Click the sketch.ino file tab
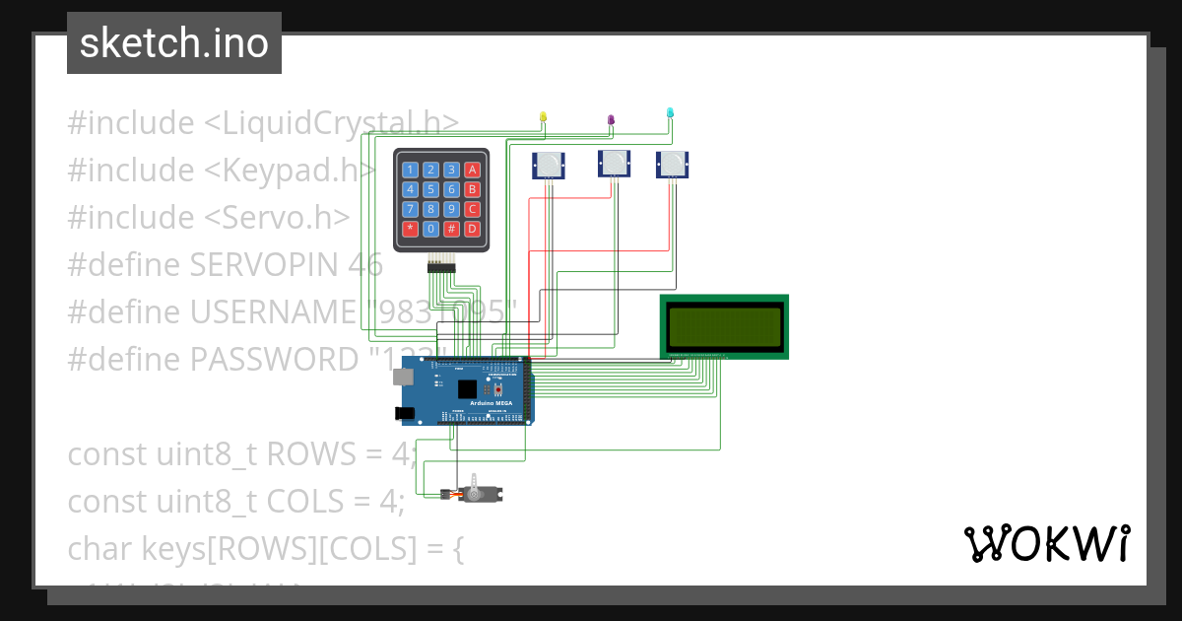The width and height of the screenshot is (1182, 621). click(x=174, y=43)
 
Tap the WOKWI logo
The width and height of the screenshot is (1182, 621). click(x=1046, y=543)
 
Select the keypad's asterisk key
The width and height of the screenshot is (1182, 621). click(x=411, y=229)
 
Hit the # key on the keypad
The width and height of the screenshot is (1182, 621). click(x=451, y=229)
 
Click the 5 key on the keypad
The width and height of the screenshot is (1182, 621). click(x=431, y=189)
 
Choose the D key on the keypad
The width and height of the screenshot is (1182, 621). click(x=472, y=229)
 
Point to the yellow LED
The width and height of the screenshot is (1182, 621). click(x=543, y=117)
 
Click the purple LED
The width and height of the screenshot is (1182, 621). click(x=611, y=120)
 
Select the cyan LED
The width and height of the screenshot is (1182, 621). click(x=671, y=113)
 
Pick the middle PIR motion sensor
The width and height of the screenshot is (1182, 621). click(x=614, y=164)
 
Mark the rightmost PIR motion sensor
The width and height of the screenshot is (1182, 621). click(x=672, y=164)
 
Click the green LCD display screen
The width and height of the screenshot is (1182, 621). click(x=724, y=325)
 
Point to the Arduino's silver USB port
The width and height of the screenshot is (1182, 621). click(x=404, y=377)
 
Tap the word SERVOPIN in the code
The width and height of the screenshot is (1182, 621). click(x=265, y=265)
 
